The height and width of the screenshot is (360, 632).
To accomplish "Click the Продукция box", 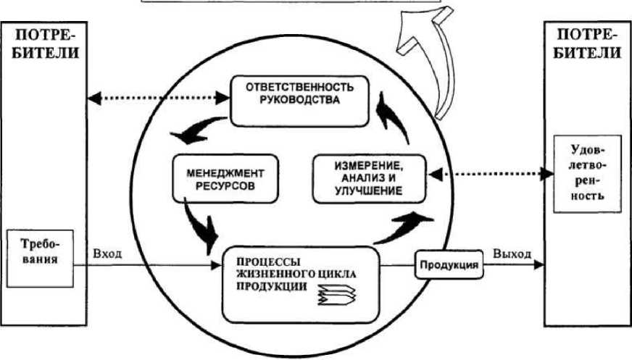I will click(x=448, y=265).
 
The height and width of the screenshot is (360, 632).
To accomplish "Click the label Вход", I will click(x=107, y=255).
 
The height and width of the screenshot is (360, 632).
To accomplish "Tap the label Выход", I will click(x=511, y=254).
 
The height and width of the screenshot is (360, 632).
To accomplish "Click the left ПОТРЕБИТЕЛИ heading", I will click(x=42, y=43).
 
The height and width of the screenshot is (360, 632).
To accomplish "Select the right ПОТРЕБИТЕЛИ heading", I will click(x=587, y=43).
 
